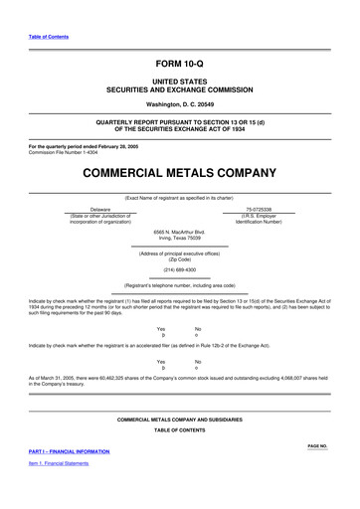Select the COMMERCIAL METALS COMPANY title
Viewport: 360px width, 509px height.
[179, 173]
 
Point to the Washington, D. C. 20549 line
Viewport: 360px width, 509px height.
[179, 103]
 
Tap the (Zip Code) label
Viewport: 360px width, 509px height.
[179, 258]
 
